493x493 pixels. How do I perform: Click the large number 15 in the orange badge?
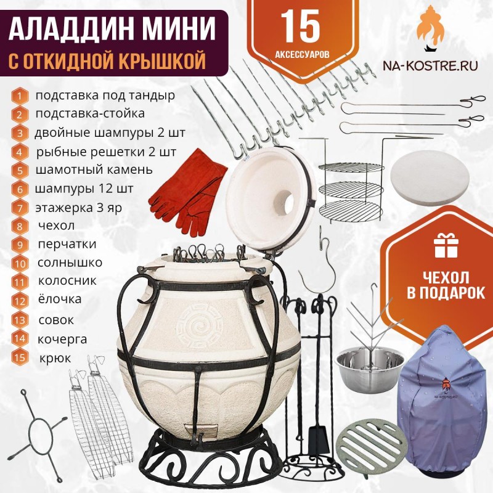click(300, 26)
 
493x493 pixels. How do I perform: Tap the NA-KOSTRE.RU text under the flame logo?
click(430, 65)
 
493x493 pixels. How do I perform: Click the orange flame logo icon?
click(430, 28)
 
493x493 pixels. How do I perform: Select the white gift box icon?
click(446, 245)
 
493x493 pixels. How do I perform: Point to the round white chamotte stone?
click(430, 178)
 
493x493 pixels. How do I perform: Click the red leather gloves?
click(188, 192)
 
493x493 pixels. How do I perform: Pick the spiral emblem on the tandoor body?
click(199, 326)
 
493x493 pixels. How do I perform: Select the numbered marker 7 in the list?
click(20, 208)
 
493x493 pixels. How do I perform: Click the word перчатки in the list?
click(67, 244)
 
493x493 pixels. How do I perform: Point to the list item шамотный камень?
click(94, 170)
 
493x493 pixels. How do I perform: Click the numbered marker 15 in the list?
click(20, 357)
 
